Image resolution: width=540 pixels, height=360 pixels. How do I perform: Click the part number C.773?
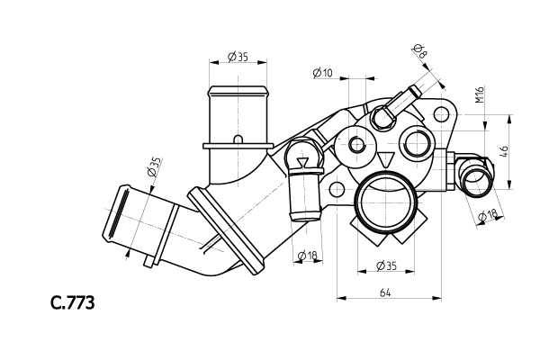(72, 303)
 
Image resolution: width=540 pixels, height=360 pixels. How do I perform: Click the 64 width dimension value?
(385, 292)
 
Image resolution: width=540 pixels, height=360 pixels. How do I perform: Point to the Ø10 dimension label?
(322, 73)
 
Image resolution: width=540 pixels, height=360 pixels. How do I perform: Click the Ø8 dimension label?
(420, 50)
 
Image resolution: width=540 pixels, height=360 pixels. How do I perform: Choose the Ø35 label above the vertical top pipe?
(238, 56)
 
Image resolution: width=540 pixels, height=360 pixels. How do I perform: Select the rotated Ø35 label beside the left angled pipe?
(154, 167)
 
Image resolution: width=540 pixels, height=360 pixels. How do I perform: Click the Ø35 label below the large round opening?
(385, 265)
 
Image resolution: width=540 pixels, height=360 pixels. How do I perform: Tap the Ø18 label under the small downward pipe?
(307, 256)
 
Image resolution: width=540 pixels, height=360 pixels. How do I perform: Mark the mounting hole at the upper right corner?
(441, 114)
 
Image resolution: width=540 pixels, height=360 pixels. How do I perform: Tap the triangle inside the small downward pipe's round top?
(303, 162)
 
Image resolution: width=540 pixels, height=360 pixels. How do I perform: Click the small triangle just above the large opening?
(387, 159)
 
